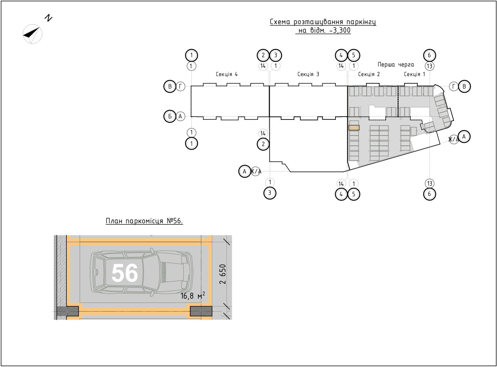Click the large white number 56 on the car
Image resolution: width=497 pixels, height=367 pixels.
click(125, 273)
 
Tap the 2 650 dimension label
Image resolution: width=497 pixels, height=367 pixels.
click(223, 274)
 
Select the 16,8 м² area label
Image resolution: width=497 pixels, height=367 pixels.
click(193, 296)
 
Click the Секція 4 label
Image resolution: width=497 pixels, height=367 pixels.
click(227, 74)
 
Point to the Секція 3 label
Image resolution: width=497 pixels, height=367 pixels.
click(308, 74)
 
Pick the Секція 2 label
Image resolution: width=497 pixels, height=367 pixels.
click(369, 74)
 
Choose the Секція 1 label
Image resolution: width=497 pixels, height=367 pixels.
click(415, 74)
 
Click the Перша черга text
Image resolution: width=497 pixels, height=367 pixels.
click(396, 65)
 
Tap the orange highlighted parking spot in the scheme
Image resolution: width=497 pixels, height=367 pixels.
click(354, 128)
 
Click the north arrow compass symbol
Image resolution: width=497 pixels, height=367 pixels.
click(33, 34)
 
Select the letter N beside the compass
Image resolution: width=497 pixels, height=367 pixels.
click(49, 18)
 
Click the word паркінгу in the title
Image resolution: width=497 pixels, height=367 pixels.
click(361, 22)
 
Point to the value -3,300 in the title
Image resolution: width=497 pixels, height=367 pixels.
click(340, 30)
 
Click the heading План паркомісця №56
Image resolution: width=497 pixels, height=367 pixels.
click(144, 221)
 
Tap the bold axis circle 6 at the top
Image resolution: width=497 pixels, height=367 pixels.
click(430, 55)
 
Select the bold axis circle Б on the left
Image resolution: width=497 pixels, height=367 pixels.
click(170, 116)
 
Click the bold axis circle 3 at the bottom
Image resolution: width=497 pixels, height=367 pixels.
click(270, 193)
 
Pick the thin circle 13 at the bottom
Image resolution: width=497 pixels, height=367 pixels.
click(430, 183)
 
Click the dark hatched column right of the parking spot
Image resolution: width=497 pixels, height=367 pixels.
click(201, 311)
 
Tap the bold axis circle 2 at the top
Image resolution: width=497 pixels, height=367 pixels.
click(263, 55)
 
